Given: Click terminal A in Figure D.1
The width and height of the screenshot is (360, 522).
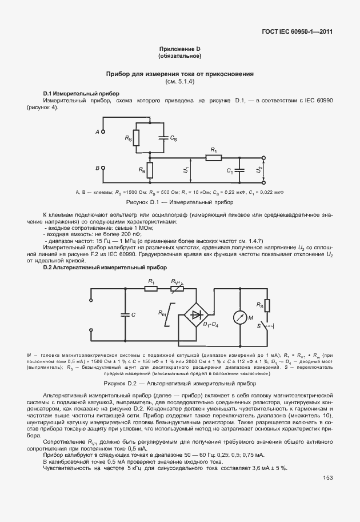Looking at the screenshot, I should point(103,132).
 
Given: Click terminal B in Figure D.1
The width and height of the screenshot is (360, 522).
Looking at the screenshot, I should point(103,168).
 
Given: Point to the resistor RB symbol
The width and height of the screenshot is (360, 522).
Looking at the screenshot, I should point(149,170).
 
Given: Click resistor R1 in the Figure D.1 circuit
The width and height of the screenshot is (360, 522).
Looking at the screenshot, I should point(214,158).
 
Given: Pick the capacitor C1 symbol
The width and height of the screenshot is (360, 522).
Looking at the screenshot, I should point(241,170).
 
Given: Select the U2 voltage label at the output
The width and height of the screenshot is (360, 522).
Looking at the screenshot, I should point(259,170).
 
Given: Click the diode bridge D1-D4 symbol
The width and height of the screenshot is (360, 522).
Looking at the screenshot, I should point(198,313).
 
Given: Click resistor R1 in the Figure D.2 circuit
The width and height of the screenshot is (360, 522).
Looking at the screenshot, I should point(151,289).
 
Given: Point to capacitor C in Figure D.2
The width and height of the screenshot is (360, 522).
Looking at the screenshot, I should point(123,314).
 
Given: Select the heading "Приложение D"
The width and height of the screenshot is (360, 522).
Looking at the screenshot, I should point(179,49).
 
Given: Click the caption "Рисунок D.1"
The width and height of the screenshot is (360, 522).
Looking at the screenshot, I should point(180,202).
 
